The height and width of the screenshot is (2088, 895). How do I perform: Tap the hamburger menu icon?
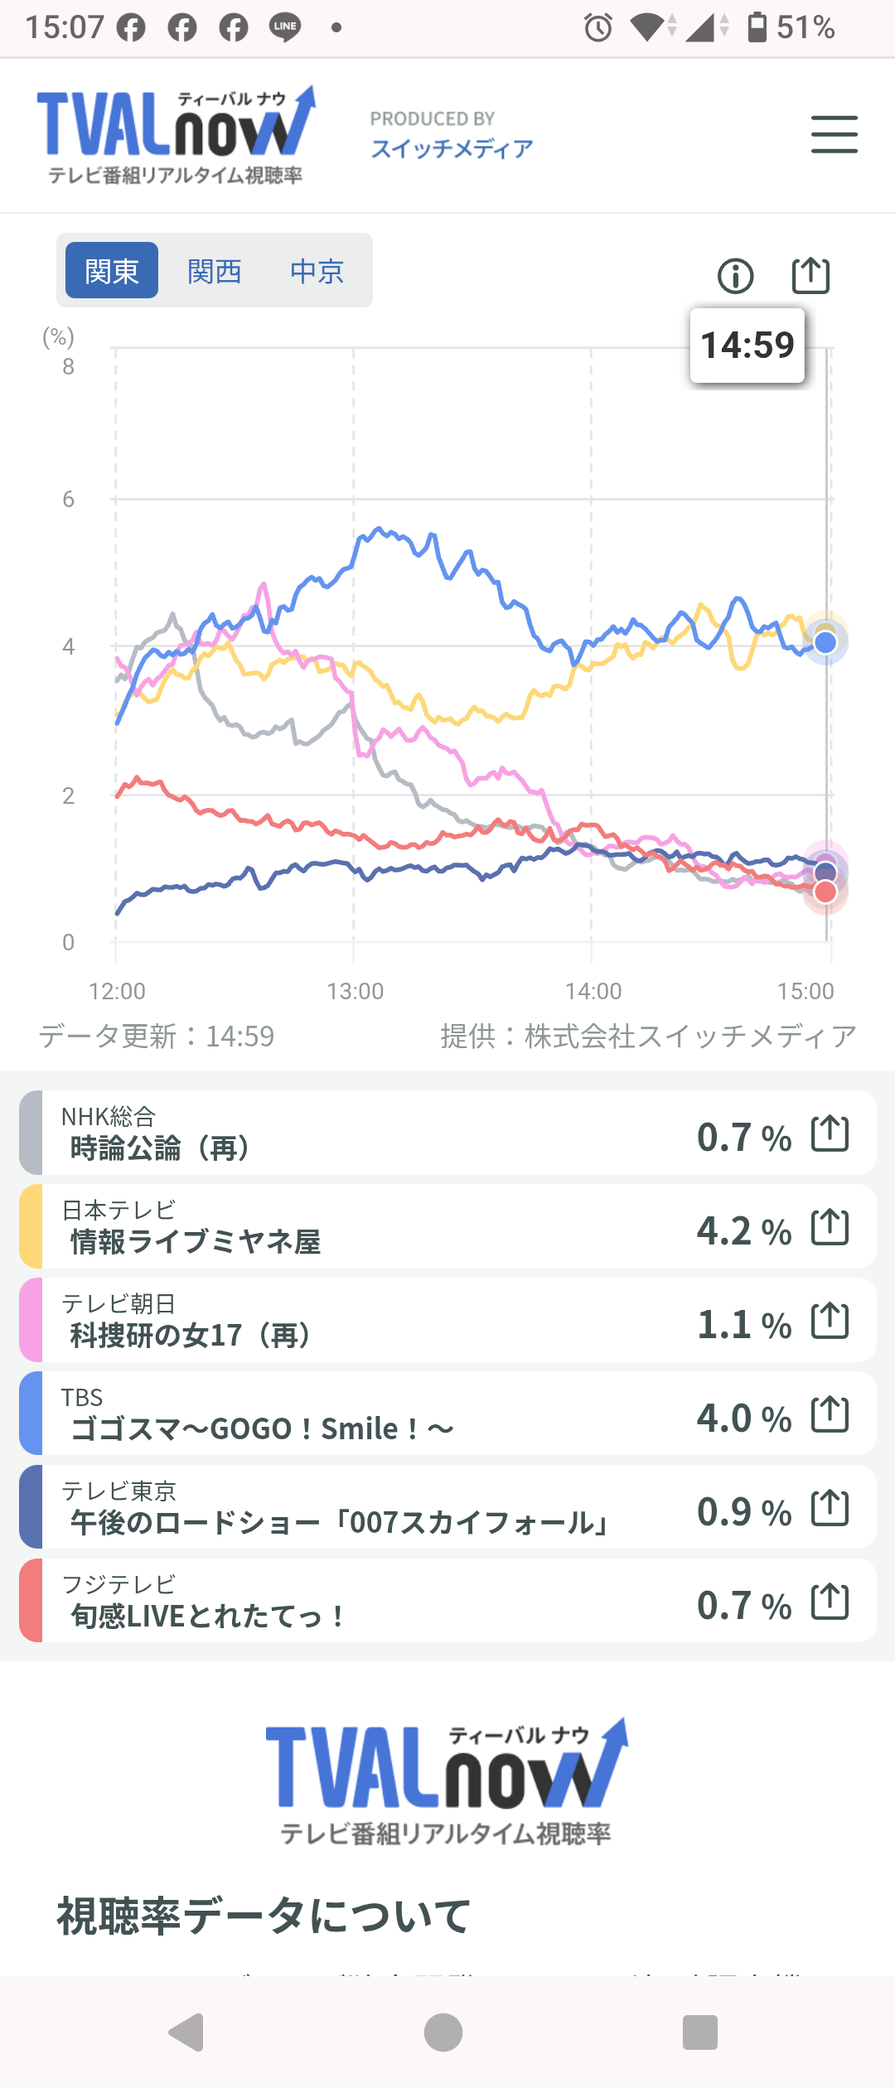point(834,134)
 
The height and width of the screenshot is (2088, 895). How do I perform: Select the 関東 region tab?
point(112,270)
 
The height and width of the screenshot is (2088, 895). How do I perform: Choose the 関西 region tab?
point(215,270)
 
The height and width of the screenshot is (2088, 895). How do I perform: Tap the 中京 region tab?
point(317,270)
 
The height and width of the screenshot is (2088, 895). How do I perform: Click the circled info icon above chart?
point(736,276)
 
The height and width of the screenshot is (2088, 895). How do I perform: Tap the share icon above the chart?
point(810,275)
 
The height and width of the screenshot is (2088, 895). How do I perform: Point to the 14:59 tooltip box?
point(747,346)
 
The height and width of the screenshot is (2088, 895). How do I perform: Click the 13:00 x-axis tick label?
point(355,991)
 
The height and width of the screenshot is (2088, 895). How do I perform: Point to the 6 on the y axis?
point(68,499)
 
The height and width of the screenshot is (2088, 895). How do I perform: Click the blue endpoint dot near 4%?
point(825,642)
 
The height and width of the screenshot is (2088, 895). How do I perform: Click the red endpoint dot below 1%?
point(825,892)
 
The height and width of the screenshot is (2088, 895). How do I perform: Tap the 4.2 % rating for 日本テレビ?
point(743,1230)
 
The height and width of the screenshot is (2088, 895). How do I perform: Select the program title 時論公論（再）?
point(161,1148)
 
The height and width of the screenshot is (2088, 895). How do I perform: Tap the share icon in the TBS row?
point(830,1414)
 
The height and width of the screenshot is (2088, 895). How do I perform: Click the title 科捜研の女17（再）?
point(191,1336)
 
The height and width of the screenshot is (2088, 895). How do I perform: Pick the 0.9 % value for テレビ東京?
point(743,1511)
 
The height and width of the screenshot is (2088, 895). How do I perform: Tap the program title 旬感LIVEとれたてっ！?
point(208,1616)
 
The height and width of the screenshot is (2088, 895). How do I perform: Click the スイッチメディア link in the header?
point(452,148)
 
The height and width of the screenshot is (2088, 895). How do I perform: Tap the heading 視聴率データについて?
point(264,1916)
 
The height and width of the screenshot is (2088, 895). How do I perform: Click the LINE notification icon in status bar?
point(285,27)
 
